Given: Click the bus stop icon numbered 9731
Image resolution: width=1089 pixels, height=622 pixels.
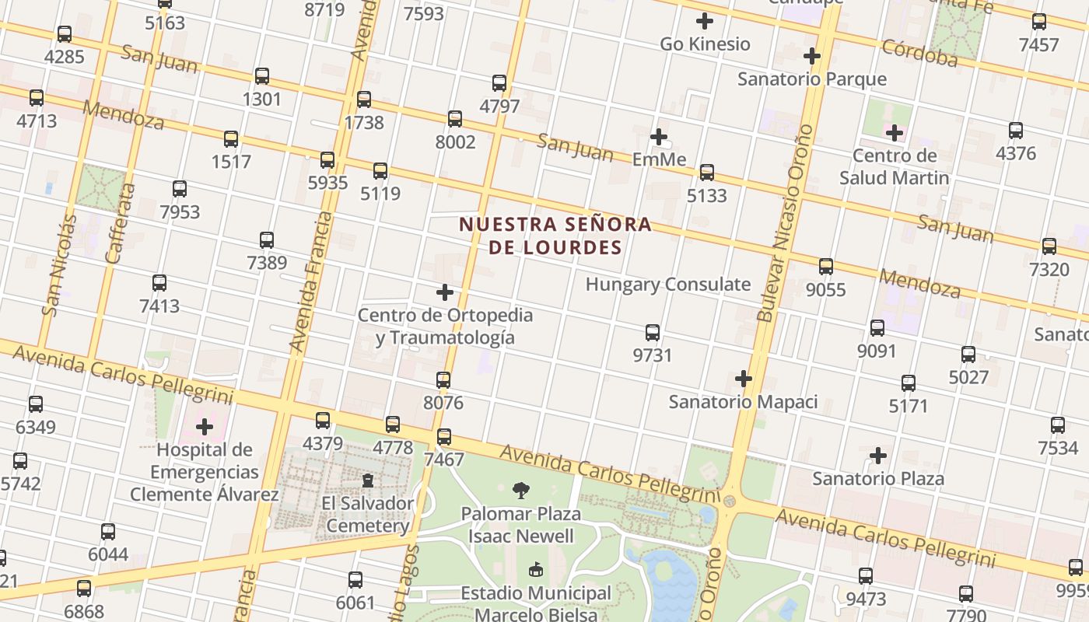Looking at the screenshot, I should click(653, 333).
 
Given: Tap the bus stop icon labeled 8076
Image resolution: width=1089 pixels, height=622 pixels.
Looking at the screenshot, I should click(443, 380).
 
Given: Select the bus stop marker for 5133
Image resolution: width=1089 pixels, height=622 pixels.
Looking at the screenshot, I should click(707, 173).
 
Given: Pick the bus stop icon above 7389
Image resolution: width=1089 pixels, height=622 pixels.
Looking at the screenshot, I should click(267, 240).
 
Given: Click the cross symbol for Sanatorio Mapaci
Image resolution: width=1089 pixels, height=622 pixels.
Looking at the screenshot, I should click(744, 379).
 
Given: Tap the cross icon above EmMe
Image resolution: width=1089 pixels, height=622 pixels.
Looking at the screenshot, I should click(659, 137).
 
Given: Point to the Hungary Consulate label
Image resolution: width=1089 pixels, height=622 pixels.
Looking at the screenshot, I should click(668, 285).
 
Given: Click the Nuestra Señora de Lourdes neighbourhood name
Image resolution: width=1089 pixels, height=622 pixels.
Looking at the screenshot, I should click(555, 236).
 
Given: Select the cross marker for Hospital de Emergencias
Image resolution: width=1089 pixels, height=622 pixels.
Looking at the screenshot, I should click(205, 426).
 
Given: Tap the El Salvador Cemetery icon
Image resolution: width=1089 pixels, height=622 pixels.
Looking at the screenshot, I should click(368, 480).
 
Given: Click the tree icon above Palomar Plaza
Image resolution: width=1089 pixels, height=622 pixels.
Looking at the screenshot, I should click(520, 491).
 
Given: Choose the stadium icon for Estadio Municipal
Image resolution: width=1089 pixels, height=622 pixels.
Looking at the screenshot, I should click(536, 570).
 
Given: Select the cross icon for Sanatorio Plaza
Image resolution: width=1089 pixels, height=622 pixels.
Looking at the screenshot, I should click(878, 455).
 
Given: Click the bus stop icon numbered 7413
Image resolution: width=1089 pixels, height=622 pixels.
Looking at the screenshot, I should click(159, 283).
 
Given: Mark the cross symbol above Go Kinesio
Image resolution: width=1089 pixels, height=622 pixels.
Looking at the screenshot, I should click(705, 21).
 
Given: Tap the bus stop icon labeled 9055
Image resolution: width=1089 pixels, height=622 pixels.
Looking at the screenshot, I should click(826, 267).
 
